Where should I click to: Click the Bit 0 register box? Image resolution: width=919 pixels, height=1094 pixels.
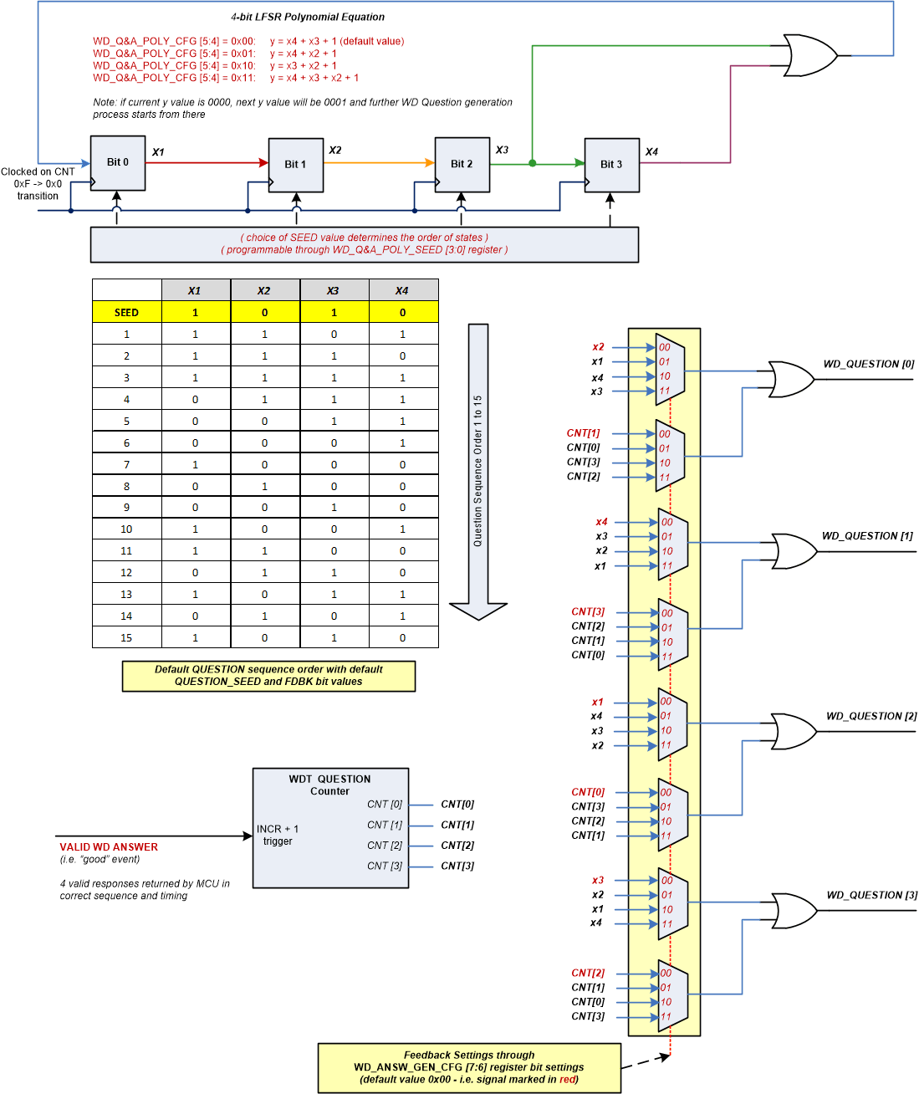pos(117,163)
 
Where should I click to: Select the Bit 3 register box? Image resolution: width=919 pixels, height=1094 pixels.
pos(611,165)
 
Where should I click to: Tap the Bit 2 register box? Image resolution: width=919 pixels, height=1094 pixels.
pos(462,165)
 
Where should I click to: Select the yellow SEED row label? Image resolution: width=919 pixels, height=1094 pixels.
pos(126,312)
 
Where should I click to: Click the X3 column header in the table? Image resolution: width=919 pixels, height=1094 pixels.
pos(333,290)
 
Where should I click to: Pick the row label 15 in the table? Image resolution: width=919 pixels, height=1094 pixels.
pos(126,637)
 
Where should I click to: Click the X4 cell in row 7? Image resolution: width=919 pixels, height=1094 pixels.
pos(402,464)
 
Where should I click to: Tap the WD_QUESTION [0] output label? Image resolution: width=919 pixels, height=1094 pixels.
pos(868,364)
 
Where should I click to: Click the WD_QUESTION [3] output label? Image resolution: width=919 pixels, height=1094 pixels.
pos(871,895)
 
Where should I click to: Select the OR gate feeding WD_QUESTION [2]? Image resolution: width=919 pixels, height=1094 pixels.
pos(793,731)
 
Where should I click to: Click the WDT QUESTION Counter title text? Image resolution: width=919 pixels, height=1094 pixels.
pos(329,785)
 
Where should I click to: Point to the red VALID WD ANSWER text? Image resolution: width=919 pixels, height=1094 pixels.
pos(109,847)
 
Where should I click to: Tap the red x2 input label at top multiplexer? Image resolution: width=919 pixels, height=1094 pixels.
pos(598,347)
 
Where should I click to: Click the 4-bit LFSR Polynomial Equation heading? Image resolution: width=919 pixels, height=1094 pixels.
pos(308,17)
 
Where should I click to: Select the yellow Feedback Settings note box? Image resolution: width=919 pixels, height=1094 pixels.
pos(469,1067)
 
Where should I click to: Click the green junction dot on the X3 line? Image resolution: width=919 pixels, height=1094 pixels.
pos(533,164)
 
